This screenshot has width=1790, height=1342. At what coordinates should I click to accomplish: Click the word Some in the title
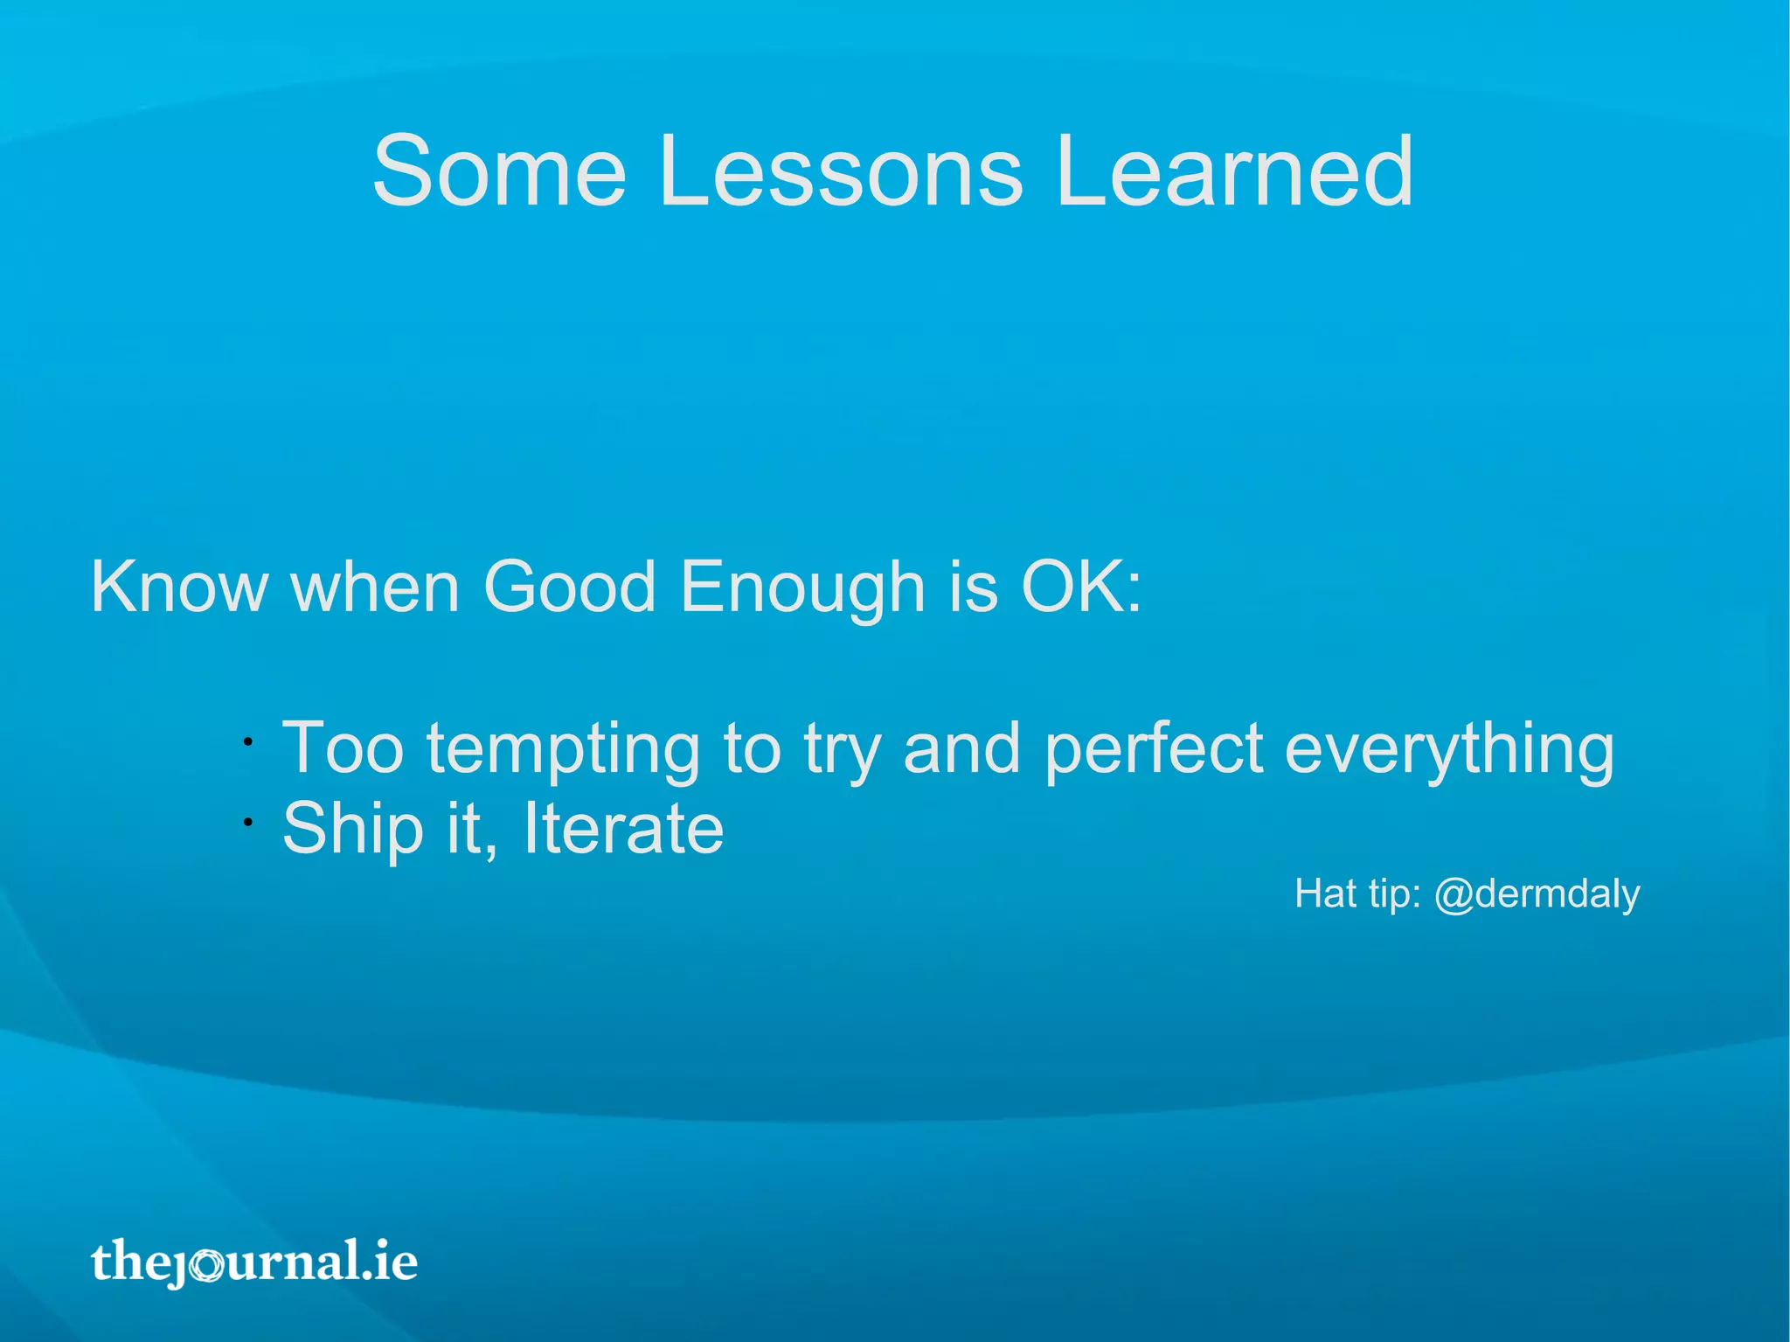pos(499,171)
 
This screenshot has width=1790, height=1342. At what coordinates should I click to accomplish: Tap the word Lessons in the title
pos(840,171)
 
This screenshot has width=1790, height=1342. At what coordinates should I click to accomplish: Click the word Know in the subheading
pos(179,587)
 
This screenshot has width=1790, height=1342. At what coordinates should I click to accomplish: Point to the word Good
pos(569,587)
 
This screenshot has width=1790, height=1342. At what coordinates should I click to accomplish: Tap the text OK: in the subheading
pos(1081,587)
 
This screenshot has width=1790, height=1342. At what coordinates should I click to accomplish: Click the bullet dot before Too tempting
pos(248,742)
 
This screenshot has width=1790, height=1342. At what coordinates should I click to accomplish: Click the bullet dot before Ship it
pos(248,822)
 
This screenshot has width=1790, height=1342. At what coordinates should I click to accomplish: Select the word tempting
pos(563,750)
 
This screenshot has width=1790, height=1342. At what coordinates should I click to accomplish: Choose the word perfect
pos(1154,748)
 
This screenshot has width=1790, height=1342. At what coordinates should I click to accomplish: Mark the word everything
pos(1449,750)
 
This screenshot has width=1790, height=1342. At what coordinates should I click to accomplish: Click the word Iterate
pos(623,828)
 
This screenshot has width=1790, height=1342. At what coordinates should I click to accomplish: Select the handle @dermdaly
pos(1537,894)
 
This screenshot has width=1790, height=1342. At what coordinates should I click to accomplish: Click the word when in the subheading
pos(375,587)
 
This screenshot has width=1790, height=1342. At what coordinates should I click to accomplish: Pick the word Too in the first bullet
pos(343,748)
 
